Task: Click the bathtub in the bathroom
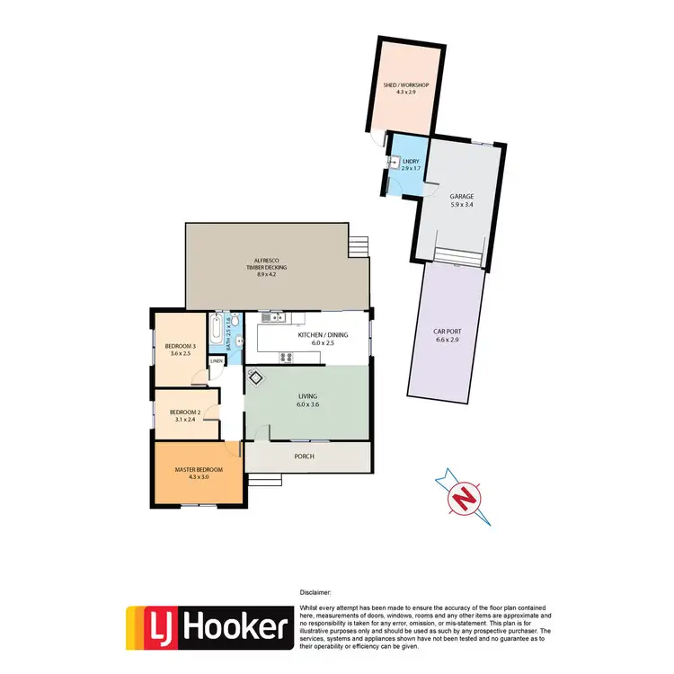tap(216, 332)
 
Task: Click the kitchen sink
tap(278, 317)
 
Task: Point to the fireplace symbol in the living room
tap(255, 378)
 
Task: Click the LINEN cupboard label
tap(217, 361)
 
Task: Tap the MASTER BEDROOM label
tap(198, 469)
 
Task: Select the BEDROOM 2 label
tap(185, 412)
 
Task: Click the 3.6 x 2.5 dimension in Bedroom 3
tap(181, 354)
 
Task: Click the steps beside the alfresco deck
tap(359, 244)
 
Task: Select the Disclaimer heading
tap(315, 593)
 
